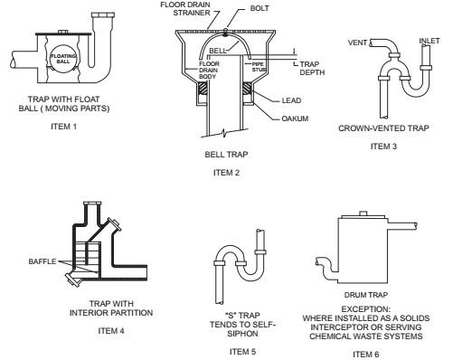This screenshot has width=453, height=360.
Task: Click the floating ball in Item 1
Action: point(63,59)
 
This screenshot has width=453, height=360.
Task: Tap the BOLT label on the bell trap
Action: point(260,8)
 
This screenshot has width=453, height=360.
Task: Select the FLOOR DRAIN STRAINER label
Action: point(185,9)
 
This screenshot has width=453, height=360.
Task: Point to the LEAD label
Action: point(291,100)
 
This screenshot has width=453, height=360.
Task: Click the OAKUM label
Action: point(295,118)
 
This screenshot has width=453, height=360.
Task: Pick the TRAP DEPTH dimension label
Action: point(312,68)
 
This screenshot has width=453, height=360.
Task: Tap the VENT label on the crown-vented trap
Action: point(357,43)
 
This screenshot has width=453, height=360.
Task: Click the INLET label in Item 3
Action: point(429,41)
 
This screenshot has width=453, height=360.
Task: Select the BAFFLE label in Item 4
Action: point(42,261)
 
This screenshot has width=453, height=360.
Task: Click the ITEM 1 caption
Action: point(63,127)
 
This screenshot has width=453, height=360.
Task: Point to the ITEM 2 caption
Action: point(226,173)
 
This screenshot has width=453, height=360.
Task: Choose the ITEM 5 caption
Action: point(242,352)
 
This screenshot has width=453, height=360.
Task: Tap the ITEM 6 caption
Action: point(366,355)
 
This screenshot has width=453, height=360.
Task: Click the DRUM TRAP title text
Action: point(366,295)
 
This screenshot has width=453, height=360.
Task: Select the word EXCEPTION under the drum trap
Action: point(366,309)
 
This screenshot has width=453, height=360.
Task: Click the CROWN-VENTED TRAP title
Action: point(383,128)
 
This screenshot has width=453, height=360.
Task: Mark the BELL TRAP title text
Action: point(226,155)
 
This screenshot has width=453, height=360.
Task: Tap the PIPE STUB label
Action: point(259,67)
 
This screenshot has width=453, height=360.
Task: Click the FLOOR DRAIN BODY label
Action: point(209,71)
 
